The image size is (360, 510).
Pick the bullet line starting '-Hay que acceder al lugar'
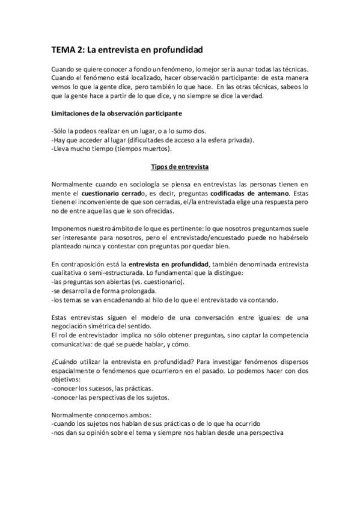point(153,140)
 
